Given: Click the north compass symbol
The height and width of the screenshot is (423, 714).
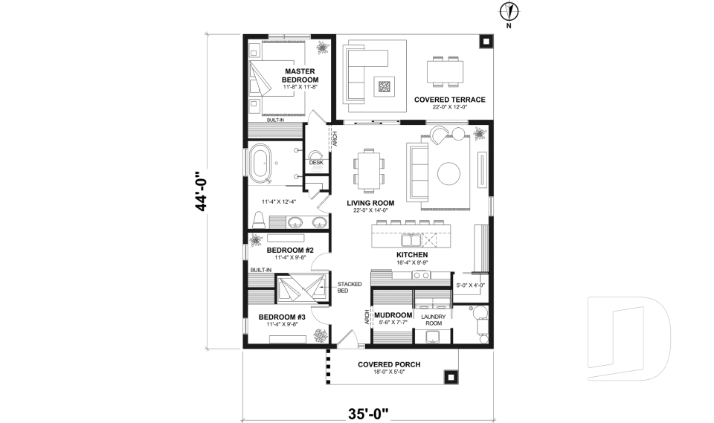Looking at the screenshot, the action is (509, 12).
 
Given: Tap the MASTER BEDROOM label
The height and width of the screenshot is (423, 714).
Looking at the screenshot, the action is (300, 76).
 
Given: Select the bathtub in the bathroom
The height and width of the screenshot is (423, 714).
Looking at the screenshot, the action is (260, 161).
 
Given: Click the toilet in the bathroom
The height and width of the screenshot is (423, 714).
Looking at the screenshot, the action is (259, 220).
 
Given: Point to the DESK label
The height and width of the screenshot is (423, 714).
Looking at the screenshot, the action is (316, 163).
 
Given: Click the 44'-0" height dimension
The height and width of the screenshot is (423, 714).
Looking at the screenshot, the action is (201, 191).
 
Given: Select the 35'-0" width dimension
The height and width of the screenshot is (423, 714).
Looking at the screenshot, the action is (368, 413).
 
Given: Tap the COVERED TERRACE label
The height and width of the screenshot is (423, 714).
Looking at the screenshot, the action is (449, 100).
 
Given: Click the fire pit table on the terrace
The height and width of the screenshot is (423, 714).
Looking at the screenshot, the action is (385, 85).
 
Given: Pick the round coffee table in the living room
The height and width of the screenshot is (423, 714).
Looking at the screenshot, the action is (448, 173).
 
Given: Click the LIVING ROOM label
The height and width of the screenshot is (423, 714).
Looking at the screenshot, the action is (370, 203).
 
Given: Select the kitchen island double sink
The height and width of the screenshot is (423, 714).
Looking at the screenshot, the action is (411, 239).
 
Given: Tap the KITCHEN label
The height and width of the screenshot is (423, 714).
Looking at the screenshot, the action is (412, 255).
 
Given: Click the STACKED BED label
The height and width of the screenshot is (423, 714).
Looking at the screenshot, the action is (350, 287).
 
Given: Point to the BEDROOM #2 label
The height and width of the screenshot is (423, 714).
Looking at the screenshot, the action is (290, 251).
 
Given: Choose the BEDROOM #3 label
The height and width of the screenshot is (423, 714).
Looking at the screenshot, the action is (282, 317).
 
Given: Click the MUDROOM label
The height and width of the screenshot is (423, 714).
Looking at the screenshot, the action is (393, 315).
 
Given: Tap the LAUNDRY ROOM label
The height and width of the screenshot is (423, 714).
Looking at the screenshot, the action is (434, 320).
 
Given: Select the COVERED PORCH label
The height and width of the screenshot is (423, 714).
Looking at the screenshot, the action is (389, 365).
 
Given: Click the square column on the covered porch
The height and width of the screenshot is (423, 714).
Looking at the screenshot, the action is (451, 377).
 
